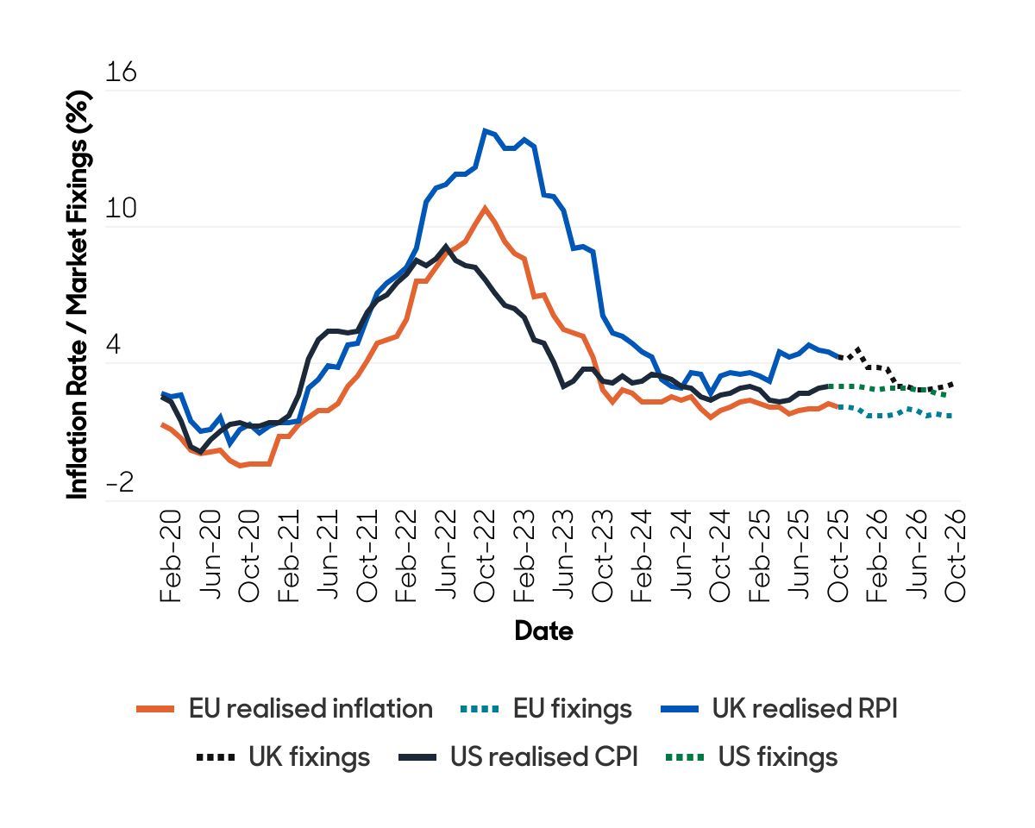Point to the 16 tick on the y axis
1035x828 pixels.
coord(121,73)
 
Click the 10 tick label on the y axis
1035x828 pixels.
coord(121,210)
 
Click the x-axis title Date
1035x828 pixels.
coord(543,631)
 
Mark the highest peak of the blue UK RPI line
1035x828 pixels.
coord(486,130)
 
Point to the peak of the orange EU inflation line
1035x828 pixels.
coord(485,207)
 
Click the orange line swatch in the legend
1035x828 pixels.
coord(156,710)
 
